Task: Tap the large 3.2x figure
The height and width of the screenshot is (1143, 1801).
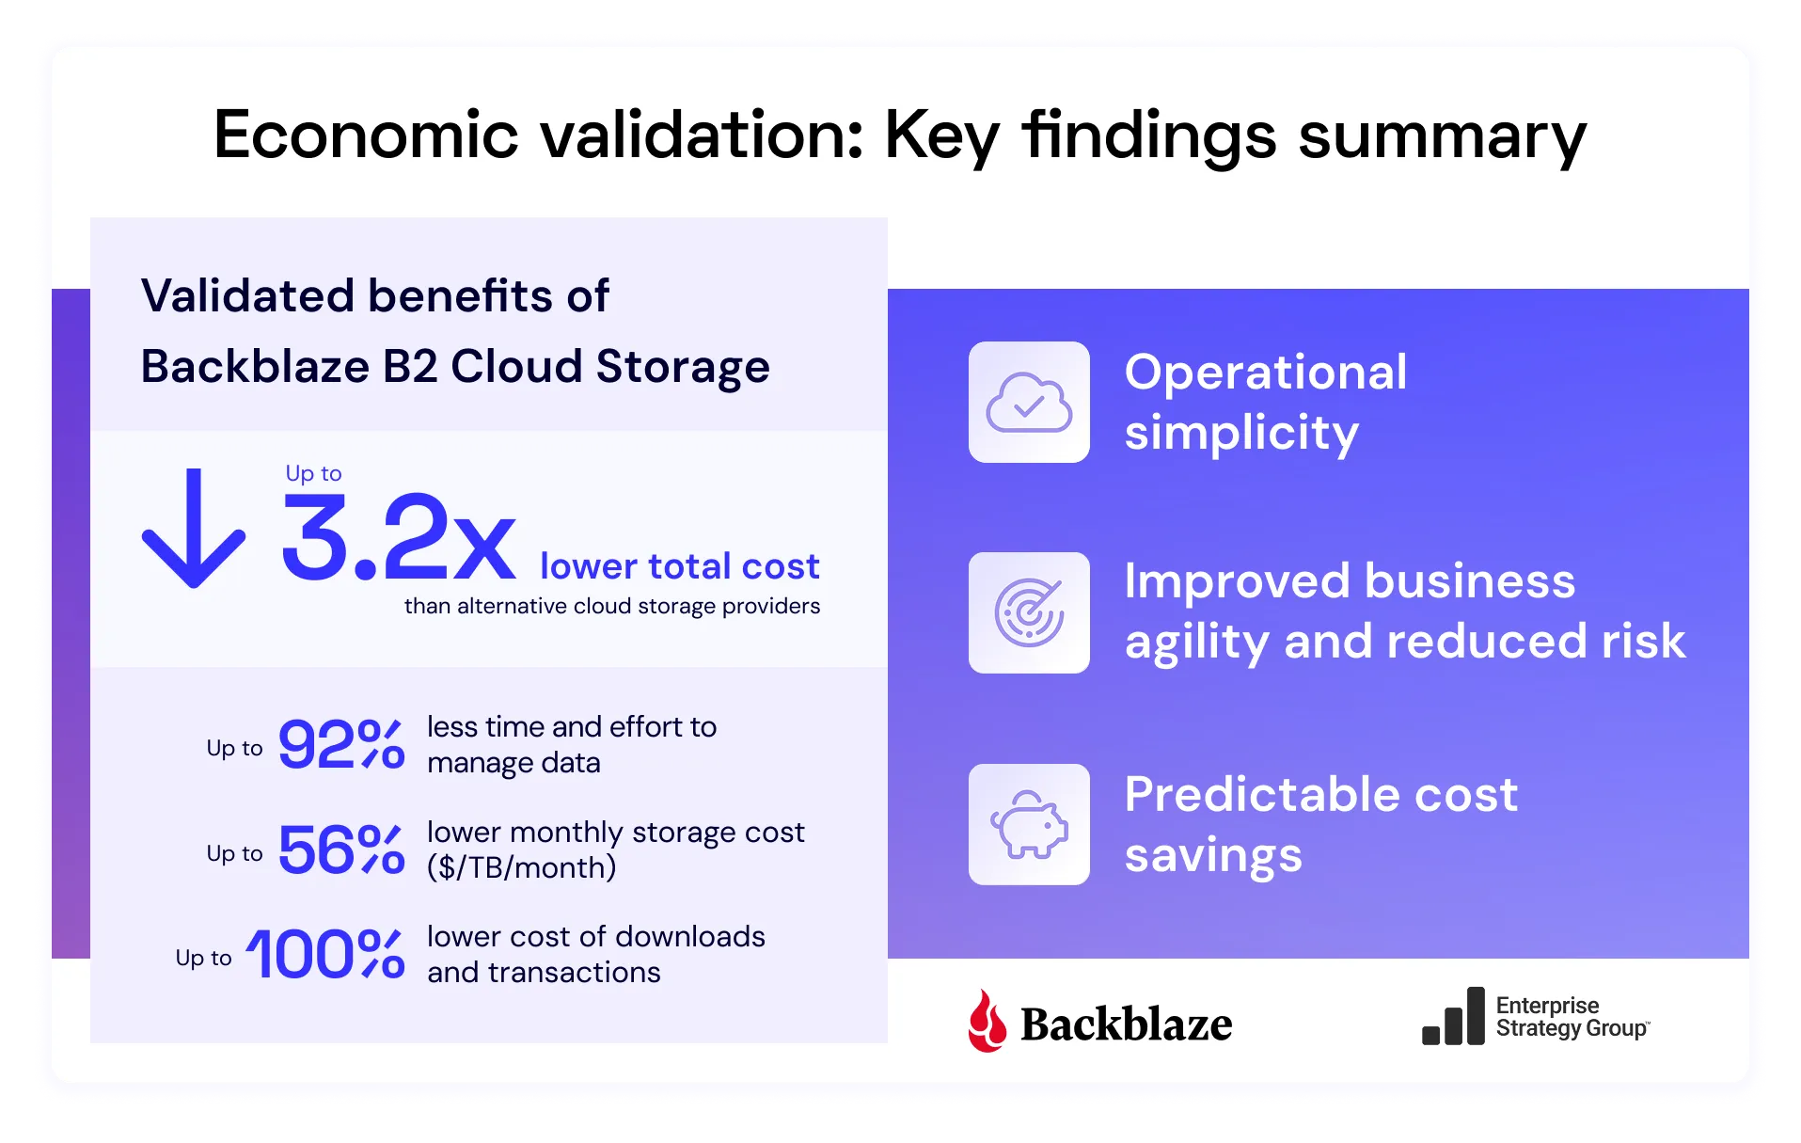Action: coord(398,537)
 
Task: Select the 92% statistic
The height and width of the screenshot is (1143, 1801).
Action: coord(340,744)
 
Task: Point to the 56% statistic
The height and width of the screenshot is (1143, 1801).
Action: coord(340,849)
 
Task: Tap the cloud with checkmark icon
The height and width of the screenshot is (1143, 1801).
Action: coord(1029,403)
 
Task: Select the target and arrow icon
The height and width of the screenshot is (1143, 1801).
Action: coord(1029,612)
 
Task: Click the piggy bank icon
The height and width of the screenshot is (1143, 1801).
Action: coord(1029,824)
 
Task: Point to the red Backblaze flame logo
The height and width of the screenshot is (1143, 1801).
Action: coord(987,1021)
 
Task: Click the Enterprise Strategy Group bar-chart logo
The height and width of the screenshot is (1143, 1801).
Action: coord(1453,1017)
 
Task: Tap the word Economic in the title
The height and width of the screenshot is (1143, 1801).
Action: coord(366,135)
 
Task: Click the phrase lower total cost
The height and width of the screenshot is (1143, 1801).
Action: coord(679,566)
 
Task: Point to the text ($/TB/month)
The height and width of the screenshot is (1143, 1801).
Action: coord(522,867)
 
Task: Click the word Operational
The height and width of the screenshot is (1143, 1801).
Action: coord(1266,372)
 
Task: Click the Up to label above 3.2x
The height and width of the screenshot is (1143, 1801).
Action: coord(313,473)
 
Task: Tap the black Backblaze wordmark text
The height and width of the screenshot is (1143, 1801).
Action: coord(1126,1024)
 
